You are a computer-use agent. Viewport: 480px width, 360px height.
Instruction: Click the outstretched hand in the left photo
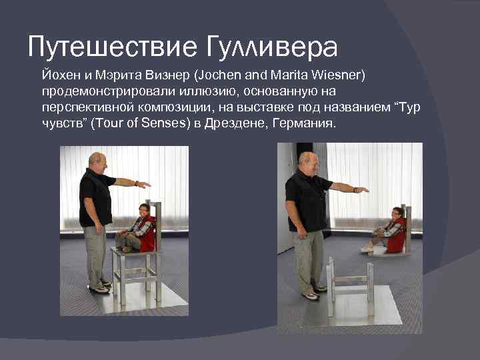coord(144,184)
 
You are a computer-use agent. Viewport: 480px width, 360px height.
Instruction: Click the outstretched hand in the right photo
coord(361,190)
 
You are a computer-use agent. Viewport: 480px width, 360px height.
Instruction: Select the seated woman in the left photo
coord(141,227)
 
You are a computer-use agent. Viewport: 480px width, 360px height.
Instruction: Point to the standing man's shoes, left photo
coord(99,287)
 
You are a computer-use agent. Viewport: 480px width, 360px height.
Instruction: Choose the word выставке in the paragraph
coord(267,108)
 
